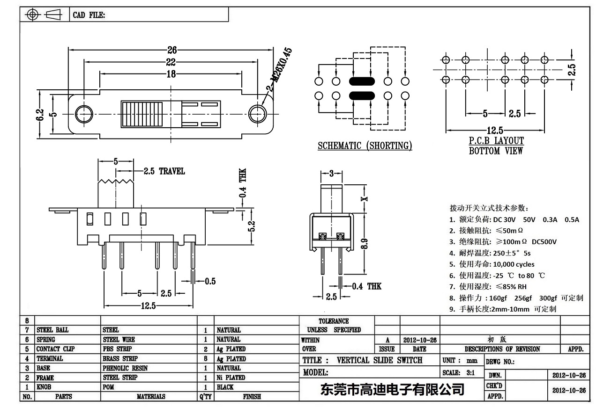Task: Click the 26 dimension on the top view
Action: pyautogui.click(x=171, y=51)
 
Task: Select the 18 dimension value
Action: pyautogui.click(x=171, y=73)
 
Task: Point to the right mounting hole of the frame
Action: pyautogui.click(x=257, y=114)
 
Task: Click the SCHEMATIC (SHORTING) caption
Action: pyautogui.click(x=365, y=145)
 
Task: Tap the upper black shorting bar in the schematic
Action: pyautogui.click(x=361, y=81)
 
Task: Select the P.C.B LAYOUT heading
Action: pyautogui.click(x=496, y=140)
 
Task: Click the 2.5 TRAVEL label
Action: pyautogui.click(x=164, y=171)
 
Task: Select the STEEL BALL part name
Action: pyautogui.click(x=52, y=330)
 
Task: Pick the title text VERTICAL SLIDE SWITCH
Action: pyautogui.click(x=380, y=360)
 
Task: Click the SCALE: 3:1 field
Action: pyautogui.click(x=459, y=373)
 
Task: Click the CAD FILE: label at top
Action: pyautogui.click(x=89, y=15)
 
